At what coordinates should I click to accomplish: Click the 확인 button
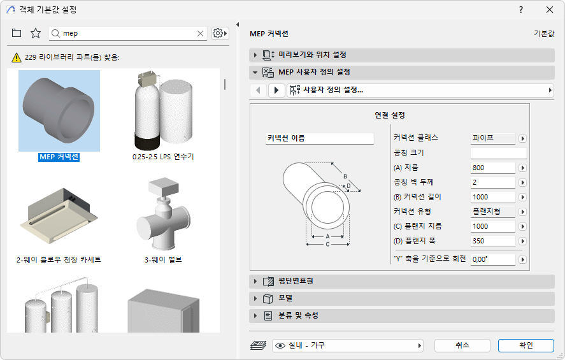click(x=526, y=345)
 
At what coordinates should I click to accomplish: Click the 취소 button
click(x=462, y=345)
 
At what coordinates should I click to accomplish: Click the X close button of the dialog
click(x=550, y=10)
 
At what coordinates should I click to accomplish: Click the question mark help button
click(x=520, y=10)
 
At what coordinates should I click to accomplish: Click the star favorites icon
click(x=36, y=33)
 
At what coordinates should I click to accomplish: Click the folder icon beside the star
click(x=17, y=33)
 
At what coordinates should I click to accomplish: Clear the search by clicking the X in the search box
click(x=200, y=33)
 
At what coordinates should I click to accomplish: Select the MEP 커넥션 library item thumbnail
click(x=59, y=106)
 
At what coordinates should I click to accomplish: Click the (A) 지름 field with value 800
click(x=492, y=168)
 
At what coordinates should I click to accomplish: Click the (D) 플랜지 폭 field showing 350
click(x=492, y=241)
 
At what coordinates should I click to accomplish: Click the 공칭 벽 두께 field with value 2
click(x=492, y=183)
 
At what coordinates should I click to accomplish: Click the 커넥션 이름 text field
click(x=319, y=138)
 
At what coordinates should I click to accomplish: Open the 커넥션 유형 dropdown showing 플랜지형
click(x=492, y=212)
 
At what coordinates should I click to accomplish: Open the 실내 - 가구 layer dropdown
click(x=348, y=345)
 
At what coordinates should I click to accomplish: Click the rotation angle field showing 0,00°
click(x=492, y=260)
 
